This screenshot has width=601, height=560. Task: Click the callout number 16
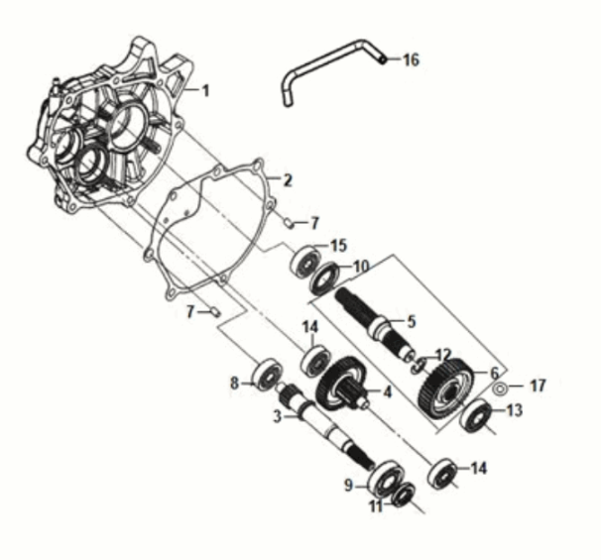coord(410,59)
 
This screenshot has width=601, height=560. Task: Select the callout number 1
coord(205,91)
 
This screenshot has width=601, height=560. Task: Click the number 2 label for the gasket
coord(287,180)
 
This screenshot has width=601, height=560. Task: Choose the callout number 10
coord(360,266)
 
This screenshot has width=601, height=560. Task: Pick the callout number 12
coord(443,354)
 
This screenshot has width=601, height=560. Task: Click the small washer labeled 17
coord(502,386)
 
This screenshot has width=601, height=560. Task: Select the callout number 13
coord(515,410)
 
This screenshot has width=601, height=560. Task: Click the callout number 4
coord(388,392)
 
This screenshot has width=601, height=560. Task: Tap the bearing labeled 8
coord(266,375)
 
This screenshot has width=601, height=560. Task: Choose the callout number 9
coord(348,486)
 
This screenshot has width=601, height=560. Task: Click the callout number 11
coord(375,505)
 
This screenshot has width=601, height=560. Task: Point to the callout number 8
coord(235,383)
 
